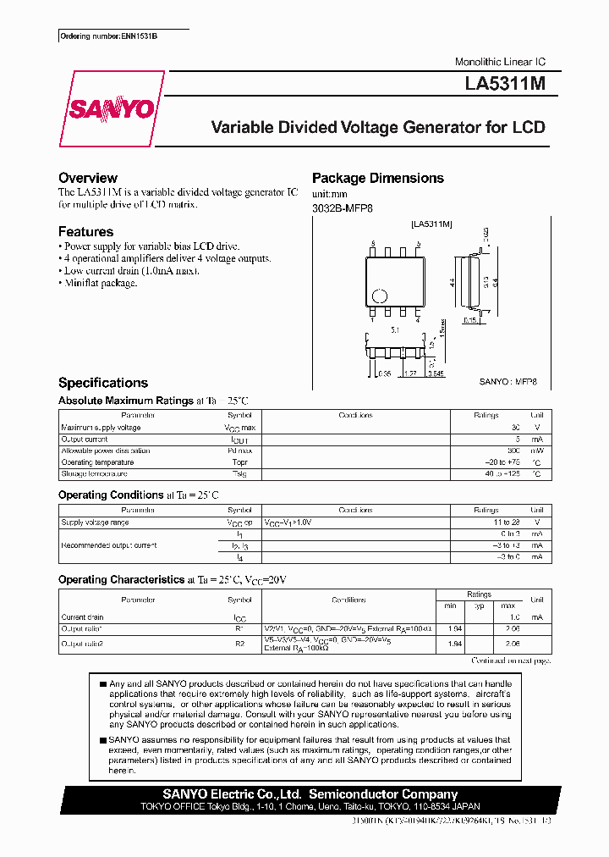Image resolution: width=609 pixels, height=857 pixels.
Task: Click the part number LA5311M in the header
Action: tap(506, 85)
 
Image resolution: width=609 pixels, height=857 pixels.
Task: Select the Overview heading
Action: tap(88, 178)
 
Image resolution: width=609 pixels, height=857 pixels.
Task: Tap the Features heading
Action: tap(85, 231)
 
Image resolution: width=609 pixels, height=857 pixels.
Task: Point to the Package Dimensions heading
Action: tap(378, 178)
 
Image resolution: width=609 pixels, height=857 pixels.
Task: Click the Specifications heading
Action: tap(103, 383)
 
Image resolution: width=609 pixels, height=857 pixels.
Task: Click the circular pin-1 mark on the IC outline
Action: tap(381, 297)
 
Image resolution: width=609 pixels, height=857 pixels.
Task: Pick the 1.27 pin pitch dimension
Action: tap(410, 372)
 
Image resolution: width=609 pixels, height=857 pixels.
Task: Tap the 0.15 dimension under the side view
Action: tap(469, 322)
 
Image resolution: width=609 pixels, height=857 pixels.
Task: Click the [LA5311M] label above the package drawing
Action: tap(431, 224)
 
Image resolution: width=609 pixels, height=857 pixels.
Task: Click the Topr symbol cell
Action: tap(239, 463)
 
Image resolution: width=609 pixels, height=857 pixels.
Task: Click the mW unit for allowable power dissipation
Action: tap(536, 451)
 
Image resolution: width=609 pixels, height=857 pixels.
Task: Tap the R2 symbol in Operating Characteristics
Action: tap(239, 644)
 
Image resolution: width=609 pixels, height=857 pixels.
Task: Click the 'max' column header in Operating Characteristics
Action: tap(507, 605)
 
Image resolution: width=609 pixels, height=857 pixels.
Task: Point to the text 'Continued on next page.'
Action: tap(511, 660)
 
